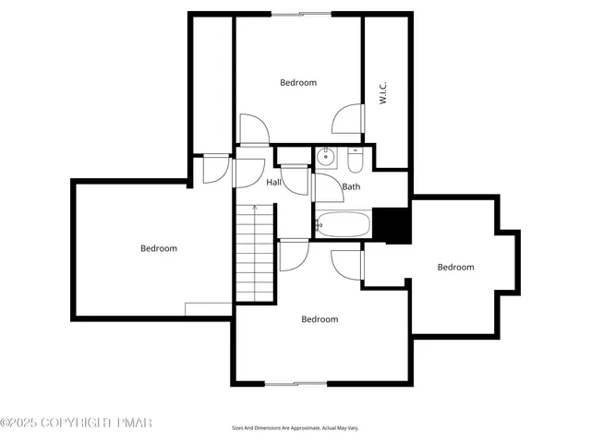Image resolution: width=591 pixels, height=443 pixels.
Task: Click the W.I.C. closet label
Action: [382, 93]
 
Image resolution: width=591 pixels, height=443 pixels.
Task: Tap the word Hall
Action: [274, 183]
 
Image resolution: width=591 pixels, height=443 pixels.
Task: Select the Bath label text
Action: [351, 187]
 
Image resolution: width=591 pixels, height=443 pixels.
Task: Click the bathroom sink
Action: [325, 158]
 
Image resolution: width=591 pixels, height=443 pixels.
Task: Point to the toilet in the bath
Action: [356, 161]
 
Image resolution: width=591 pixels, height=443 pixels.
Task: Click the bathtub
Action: [343, 224]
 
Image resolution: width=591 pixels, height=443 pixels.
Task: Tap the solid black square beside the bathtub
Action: [392, 225]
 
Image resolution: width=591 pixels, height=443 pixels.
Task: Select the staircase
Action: [254, 254]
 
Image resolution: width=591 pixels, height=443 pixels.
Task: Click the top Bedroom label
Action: [298, 83]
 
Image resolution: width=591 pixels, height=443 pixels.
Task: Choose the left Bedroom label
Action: [159, 248]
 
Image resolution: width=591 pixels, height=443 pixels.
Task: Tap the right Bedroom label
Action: [455, 268]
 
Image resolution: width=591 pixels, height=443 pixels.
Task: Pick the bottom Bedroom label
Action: [320, 319]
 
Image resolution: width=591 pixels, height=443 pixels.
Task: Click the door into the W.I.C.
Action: [346, 118]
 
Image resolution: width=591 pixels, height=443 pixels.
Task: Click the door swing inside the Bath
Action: [327, 188]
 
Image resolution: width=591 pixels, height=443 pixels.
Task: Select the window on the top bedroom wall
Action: [301, 14]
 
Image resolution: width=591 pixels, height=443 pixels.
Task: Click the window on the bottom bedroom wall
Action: [295, 383]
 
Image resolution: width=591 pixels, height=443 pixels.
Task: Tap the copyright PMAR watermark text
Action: [76, 423]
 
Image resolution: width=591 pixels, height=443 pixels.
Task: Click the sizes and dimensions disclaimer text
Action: [295, 428]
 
